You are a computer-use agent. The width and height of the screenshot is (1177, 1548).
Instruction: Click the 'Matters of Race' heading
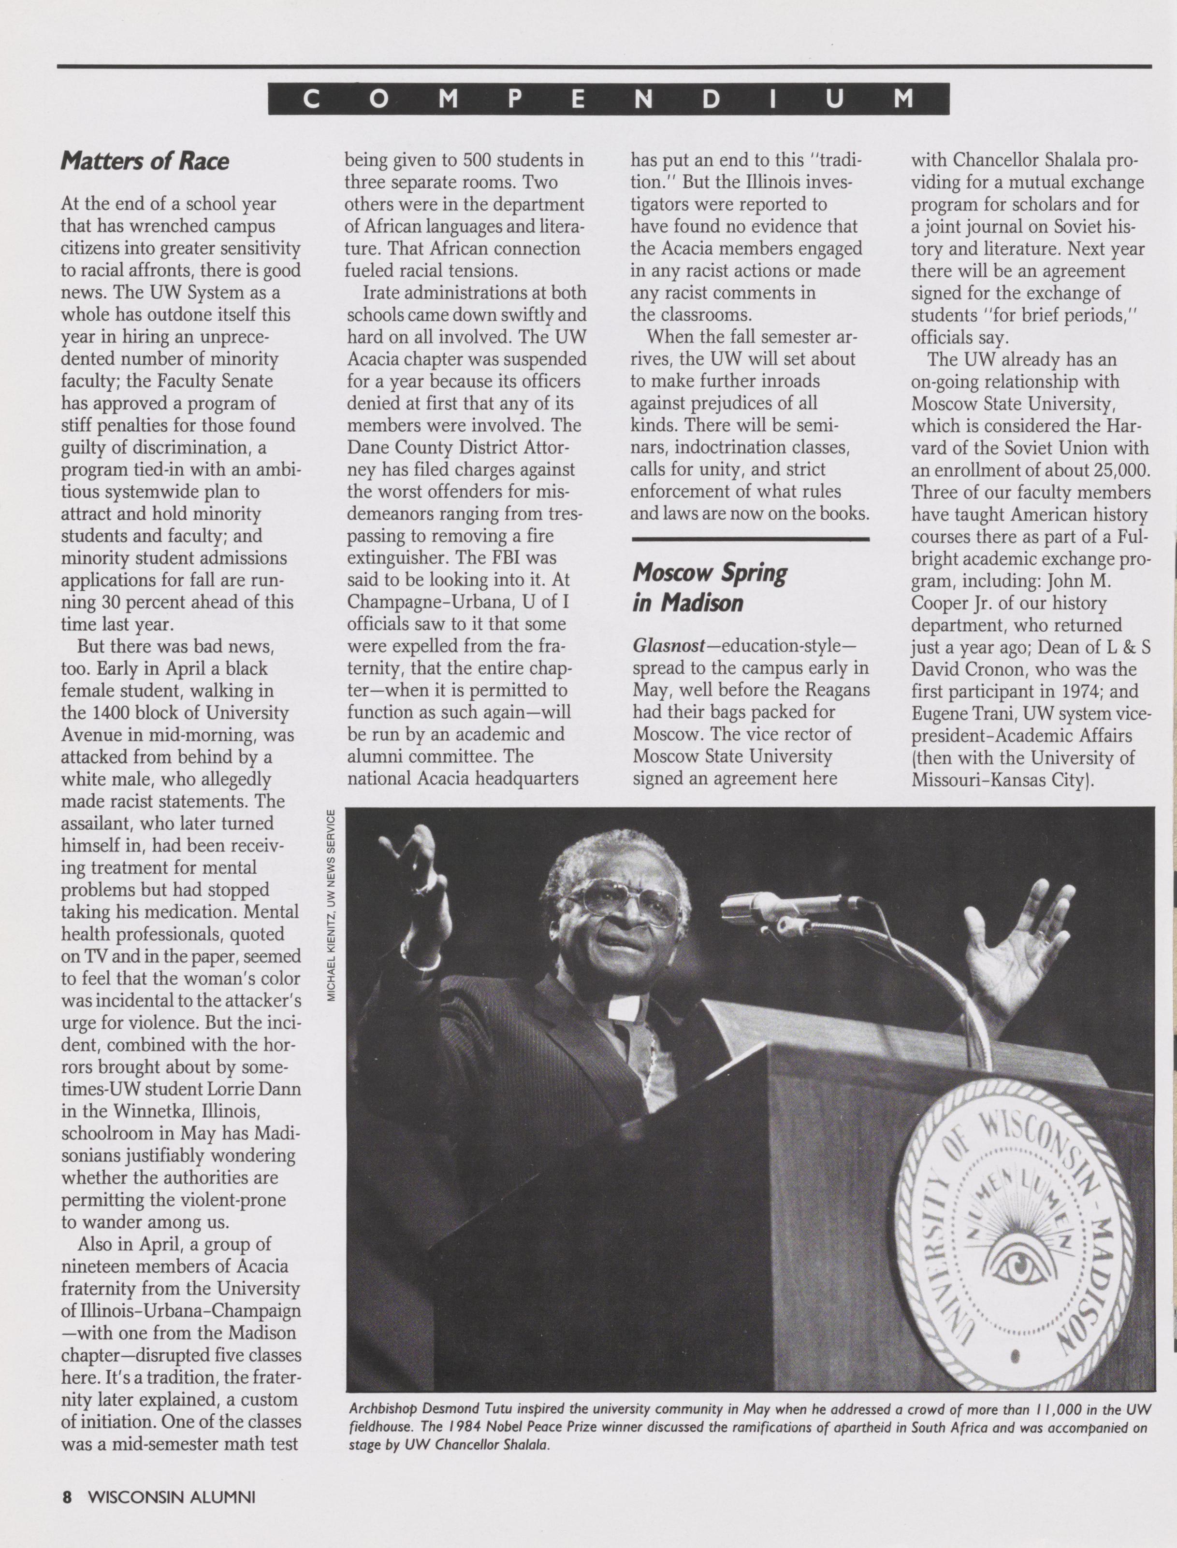pyautogui.click(x=145, y=161)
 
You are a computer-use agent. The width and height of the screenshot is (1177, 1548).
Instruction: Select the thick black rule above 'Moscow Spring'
pyautogui.click(x=750, y=539)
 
